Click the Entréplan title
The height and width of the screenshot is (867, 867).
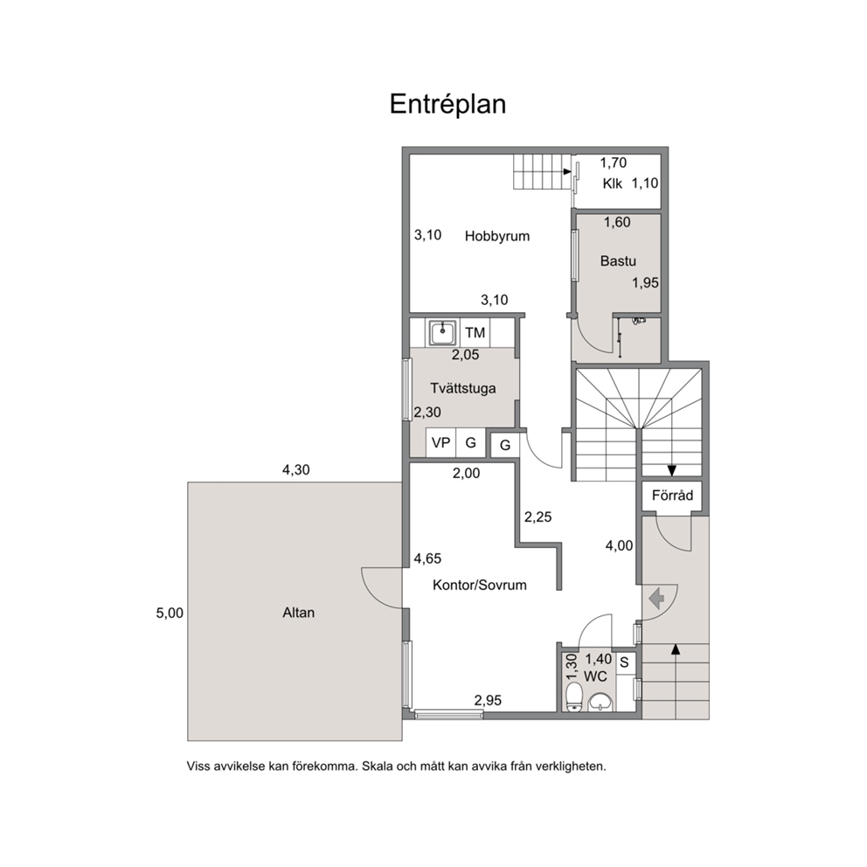447,104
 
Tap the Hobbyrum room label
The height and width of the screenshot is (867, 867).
497,236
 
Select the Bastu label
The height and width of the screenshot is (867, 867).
618,260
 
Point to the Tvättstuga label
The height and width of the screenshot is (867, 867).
463,388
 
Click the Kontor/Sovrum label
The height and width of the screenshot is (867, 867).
480,585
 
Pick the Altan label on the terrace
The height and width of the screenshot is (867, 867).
299,613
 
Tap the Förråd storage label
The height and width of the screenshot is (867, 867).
672,495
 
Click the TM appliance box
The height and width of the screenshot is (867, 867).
475,332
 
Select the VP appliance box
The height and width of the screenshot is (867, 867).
440,443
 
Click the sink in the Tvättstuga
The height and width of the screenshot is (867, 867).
442,333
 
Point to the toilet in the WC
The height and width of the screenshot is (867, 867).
574,697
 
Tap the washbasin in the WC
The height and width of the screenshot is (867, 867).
600,701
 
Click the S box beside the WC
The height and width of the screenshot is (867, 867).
625,662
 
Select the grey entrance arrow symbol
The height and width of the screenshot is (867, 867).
657,598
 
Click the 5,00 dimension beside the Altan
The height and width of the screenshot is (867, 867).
170,613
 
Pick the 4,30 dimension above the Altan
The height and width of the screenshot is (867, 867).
296,470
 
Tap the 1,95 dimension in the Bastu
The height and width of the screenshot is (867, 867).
646,282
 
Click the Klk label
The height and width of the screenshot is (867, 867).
613,184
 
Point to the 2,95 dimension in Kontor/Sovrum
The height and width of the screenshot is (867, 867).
488,700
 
